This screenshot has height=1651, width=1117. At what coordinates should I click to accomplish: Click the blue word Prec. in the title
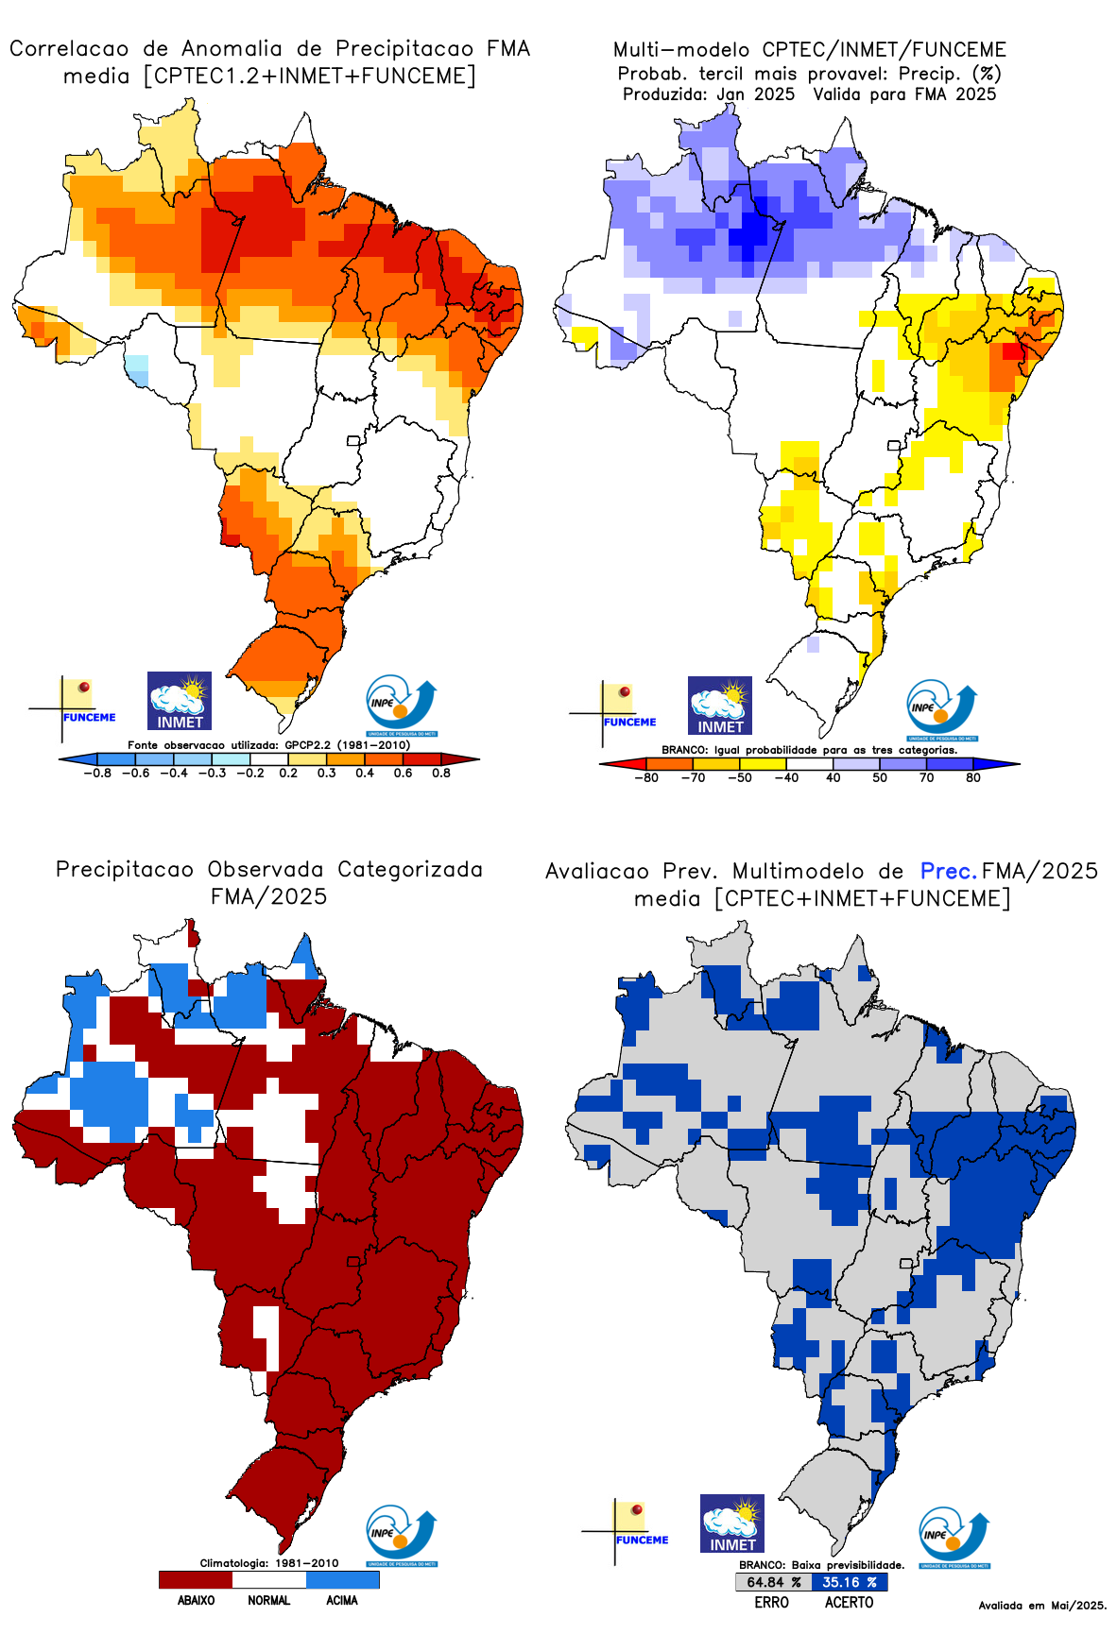948,871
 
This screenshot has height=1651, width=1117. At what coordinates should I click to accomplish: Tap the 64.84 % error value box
773,1582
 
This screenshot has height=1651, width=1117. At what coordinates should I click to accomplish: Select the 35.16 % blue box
849,1582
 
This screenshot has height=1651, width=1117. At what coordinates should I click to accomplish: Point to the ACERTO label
849,1602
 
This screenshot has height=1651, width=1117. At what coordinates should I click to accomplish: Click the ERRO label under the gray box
771,1602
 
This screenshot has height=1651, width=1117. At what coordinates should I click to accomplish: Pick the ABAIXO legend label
196,1600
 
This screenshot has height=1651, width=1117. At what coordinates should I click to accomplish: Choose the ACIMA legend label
342,1600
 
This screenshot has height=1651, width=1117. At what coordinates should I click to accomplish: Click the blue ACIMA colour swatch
342,1579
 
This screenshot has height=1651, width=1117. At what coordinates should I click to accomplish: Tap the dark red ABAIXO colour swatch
196,1579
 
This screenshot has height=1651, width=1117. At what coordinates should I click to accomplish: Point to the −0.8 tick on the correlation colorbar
96,773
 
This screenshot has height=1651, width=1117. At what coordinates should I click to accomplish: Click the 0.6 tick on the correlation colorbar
403,773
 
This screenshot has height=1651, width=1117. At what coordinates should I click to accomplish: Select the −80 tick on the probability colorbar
646,777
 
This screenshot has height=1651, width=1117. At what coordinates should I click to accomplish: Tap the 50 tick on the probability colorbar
880,777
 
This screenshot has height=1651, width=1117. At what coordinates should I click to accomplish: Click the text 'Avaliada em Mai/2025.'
1042,1605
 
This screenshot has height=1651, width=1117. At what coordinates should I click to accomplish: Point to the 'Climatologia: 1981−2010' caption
268,1563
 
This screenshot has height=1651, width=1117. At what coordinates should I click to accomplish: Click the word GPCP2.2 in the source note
307,745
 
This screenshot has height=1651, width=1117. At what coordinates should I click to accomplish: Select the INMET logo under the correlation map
180,701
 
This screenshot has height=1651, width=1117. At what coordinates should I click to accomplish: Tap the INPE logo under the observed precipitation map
402,1535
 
